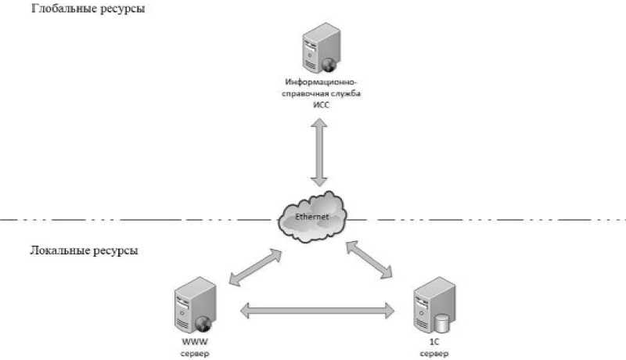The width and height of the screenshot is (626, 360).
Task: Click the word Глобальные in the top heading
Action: click(x=64, y=8)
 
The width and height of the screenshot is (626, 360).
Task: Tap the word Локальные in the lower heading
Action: click(x=60, y=250)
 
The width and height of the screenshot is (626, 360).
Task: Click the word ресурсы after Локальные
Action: click(x=116, y=251)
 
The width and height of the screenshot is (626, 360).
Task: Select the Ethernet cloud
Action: click(x=312, y=217)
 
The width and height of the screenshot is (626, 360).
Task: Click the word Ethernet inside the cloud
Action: click(x=311, y=217)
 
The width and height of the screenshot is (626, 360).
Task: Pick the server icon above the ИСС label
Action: click(x=322, y=48)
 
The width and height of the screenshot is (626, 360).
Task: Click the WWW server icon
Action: click(x=195, y=305)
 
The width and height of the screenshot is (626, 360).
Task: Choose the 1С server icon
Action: click(x=434, y=305)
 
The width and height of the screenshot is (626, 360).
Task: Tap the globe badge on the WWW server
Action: click(x=203, y=323)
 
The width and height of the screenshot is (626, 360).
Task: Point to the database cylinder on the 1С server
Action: click(x=441, y=323)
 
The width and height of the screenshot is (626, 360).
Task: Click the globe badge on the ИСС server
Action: click(x=329, y=65)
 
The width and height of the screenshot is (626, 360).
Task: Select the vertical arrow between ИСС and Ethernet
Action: click(x=319, y=152)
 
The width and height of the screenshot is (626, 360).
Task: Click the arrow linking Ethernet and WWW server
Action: click(x=256, y=268)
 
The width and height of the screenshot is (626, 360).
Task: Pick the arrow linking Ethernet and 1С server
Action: click(x=369, y=260)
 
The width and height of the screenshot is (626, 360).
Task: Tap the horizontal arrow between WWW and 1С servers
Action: click(x=318, y=311)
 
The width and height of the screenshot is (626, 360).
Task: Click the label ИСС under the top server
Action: click(x=321, y=106)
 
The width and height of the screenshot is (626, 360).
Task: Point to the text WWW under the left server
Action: click(x=195, y=342)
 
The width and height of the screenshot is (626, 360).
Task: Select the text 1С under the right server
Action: click(x=434, y=342)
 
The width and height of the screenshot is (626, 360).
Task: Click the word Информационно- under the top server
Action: click(x=321, y=82)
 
